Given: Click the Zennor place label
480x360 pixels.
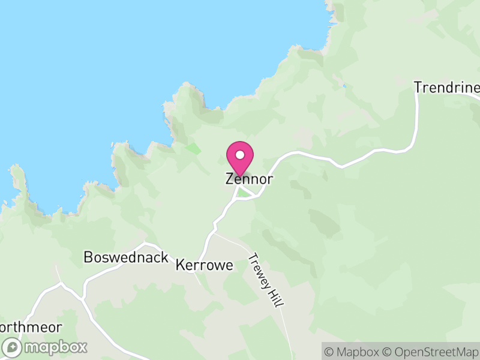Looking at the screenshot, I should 250,179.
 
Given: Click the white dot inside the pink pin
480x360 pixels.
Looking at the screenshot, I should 240,155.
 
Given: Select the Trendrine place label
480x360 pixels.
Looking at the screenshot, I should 447,88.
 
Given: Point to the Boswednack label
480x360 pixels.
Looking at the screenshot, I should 125,257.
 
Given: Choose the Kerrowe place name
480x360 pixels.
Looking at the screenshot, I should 205,265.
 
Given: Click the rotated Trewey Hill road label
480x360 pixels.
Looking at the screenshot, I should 265,280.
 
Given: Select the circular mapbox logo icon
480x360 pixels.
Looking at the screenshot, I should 12,347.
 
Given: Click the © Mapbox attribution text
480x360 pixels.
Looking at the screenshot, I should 351,351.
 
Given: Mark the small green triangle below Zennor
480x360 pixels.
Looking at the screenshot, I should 243,193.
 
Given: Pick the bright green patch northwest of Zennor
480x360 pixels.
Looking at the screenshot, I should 193,148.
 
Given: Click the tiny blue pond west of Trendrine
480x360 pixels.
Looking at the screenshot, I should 344,86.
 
